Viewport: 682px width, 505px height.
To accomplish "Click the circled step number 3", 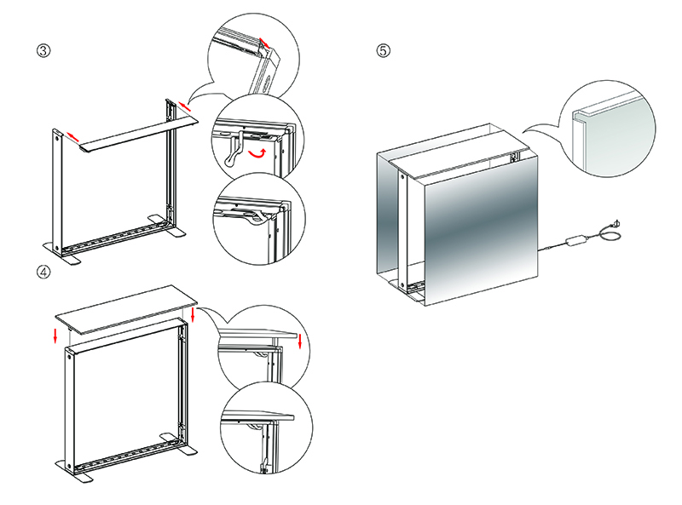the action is (x=43, y=50).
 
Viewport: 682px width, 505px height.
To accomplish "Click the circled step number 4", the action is (x=43, y=272).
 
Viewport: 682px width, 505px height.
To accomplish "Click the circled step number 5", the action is (x=383, y=50).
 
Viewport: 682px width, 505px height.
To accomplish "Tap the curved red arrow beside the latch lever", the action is (x=257, y=152).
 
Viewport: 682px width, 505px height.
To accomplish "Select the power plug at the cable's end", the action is (x=616, y=224).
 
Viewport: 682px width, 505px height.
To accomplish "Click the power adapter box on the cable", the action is (x=576, y=239).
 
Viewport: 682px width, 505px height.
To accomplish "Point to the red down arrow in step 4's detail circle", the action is (x=300, y=341).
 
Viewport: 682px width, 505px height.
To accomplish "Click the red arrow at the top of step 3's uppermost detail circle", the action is (x=264, y=43).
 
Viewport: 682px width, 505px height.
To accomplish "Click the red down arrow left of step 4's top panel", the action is (x=55, y=335).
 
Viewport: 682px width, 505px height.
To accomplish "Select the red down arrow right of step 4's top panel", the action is (x=193, y=314).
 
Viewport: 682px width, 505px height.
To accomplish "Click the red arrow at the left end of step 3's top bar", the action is (x=72, y=136).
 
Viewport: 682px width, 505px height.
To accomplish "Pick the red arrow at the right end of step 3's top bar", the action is (x=184, y=106).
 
